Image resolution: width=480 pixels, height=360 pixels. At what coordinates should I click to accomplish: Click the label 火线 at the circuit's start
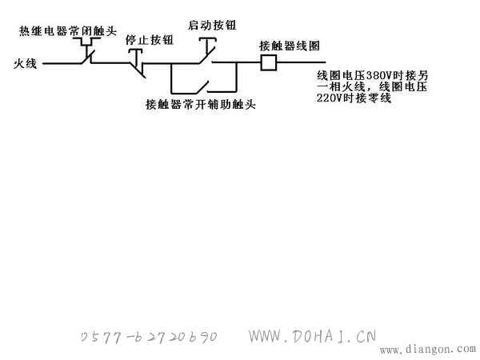pyautogui.click(x=25, y=64)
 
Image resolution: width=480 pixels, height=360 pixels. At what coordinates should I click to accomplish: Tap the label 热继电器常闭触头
pyautogui.click(x=68, y=31)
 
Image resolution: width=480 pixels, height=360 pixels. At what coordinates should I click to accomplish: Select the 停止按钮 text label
pyautogui.click(x=150, y=40)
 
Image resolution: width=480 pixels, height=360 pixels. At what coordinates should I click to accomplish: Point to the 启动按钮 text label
pyautogui.click(x=212, y=25)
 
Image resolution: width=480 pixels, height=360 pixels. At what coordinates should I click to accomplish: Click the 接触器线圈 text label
pyautogui.click(x=290, y=46)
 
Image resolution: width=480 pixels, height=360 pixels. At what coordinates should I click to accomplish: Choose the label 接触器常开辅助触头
pyautogui.click(x=201, y=105)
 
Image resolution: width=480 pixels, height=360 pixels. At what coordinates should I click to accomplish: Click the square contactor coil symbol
pyautogui.click(x=269, y=62)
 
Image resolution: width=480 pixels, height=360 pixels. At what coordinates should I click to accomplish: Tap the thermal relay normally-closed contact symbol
pyautogui.click(x=89, y=50)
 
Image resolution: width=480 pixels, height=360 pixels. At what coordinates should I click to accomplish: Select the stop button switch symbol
pyautogui.click(x=138, y=63)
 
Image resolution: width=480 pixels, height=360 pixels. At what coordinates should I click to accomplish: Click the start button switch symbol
pyautogui.click(x=207, y=50)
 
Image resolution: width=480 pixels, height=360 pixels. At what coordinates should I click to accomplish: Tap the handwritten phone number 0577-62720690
pyautogui.click(x=149, y=337)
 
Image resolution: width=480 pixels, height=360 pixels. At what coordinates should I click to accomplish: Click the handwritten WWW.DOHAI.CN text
pyautogui.click(x=312, y=336)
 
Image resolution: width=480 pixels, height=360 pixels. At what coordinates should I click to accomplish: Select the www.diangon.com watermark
pyautogui.click(x=428, y=349)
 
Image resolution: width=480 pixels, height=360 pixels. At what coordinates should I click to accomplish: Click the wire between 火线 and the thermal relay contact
pyautogui.click(x=62, y=64)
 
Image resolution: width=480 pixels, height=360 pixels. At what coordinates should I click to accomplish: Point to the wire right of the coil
pyautogui.click(x=301, y=62)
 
